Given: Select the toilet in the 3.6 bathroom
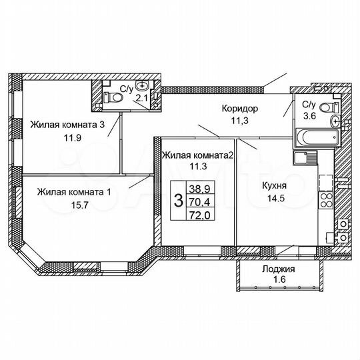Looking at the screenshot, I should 327,107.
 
